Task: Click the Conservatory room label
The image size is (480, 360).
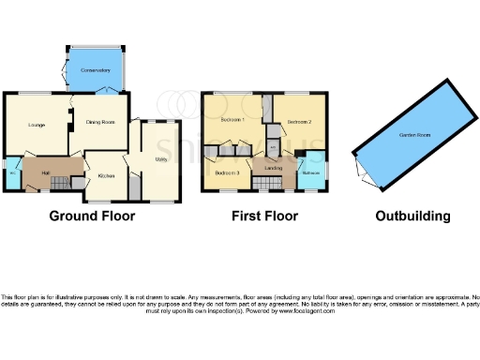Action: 95,70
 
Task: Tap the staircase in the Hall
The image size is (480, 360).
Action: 59,181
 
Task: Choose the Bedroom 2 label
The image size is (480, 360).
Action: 299,122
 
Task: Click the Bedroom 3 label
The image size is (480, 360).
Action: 227,173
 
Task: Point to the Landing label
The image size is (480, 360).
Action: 273,168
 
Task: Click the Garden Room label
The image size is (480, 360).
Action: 413,135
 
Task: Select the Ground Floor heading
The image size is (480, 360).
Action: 92,217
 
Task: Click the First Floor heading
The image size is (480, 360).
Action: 265,217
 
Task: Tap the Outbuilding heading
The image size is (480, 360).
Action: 412,217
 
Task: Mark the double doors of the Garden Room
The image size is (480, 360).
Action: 360,169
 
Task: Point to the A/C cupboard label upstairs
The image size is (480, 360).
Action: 273,147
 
